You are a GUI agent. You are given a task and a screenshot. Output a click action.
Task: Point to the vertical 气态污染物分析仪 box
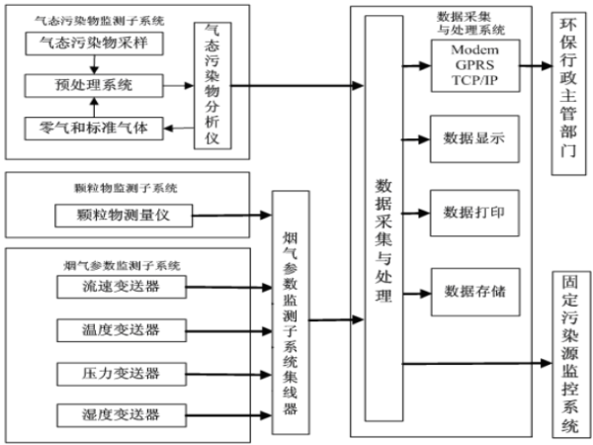pyautogui.click(x=212, y=85)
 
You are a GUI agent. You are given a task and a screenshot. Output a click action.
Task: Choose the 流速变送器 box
pyautogui.click(x=123, y=287)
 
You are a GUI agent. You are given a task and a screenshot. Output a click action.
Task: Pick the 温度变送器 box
pyautogui.click(x=123, y=329)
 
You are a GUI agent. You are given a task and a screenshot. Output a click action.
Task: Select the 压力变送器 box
pyautogui.click(x=123, y=373)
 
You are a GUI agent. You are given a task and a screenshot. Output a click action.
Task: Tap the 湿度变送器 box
pyautogui.click(x=123, y=415)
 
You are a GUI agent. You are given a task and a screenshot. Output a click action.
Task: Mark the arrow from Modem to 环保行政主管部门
pyautogui.click(x=533, y=65)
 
